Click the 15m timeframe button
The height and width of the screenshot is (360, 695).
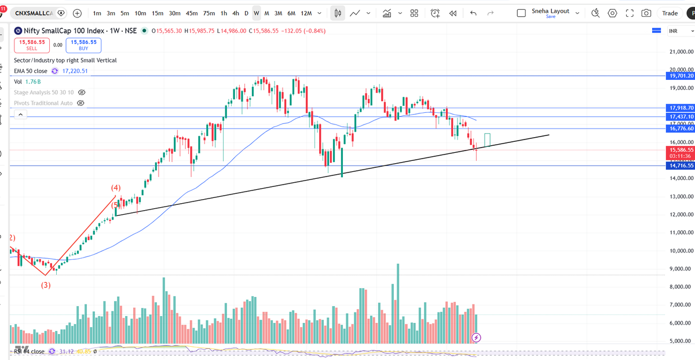pos(157,13)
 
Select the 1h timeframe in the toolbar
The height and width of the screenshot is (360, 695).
pos(224,13)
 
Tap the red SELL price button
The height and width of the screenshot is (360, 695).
pos(32,45)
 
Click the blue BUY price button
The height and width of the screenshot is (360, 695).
pos(83,45)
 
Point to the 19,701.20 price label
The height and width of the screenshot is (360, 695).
pos(681,76)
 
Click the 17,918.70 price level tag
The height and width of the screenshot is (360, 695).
pos(681,108)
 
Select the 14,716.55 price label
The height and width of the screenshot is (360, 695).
pos(681,166)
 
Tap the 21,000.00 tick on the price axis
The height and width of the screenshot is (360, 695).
pos(681,53)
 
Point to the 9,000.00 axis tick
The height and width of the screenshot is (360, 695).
pos(681,269)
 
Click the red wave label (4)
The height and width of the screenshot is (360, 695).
pos(116,188)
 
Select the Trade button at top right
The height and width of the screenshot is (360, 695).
pos(670,13)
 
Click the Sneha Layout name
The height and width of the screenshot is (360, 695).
pos(550,11)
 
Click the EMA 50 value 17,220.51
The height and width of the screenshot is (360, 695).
pos(75,71)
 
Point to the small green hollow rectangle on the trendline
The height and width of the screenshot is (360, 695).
pos(488,139)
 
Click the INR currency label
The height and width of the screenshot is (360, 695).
pos(674,31)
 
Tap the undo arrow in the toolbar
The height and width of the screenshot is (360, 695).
pos(474,13)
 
